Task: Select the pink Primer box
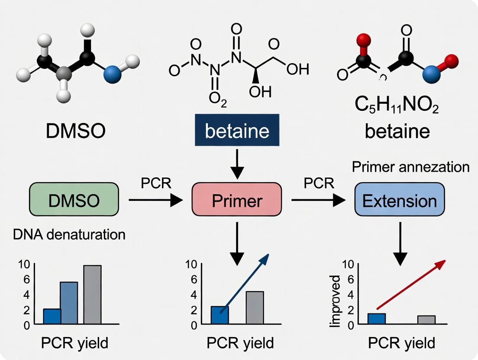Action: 236,200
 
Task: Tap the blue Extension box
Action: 399,200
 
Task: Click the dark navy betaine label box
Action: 236,131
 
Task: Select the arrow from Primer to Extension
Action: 318,200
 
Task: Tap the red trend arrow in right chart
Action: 410,279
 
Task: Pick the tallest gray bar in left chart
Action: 92,294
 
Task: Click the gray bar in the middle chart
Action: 255,307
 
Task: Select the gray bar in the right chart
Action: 426,319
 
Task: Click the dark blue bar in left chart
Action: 52,316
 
